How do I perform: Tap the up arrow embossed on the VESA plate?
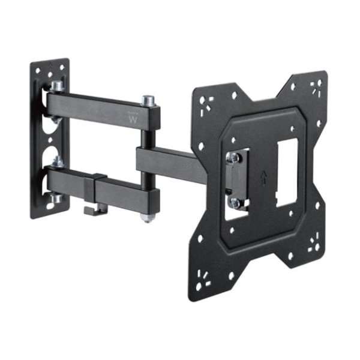[x=263, y=178]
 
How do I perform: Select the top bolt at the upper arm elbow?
[x=146, y=100]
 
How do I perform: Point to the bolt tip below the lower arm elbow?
[x=146, y=217]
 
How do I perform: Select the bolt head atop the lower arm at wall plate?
[x=58, y=162]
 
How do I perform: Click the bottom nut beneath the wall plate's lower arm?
[x=55, y=198]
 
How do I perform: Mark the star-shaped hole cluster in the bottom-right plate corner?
[x=312, y=244]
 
